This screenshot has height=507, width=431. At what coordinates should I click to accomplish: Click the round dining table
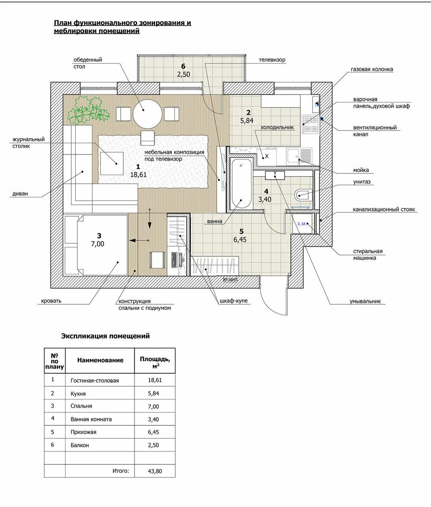coord(148,114)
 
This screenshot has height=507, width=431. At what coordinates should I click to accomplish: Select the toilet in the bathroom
coord(303,194)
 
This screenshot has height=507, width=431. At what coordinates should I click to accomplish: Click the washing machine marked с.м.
coord(303,223)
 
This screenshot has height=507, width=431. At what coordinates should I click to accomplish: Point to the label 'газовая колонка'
coord(372,69)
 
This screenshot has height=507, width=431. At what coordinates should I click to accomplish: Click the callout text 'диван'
coord(20,194)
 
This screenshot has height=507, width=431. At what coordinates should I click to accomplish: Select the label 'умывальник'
coord(365,301)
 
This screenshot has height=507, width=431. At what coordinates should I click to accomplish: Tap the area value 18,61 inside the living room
coord(138,175)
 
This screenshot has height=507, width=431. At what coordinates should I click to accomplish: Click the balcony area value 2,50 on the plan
coord(183,74)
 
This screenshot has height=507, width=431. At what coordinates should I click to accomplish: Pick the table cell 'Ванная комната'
coord(91,419)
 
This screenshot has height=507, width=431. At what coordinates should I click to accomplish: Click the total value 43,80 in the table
coord(155,471)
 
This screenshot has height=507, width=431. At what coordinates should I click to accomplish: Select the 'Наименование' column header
coord(100,360)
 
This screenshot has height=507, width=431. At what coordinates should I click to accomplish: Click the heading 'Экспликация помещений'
coord(105,336)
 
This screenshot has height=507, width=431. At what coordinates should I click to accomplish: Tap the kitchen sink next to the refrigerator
coord(299,155)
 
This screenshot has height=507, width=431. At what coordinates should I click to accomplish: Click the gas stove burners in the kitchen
coord(310,125)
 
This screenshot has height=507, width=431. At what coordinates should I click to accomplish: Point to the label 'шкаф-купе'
coord(234,301)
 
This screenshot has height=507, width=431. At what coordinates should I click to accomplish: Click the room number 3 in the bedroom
coord(99,236)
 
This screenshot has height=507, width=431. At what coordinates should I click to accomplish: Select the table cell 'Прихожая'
coord(83,432)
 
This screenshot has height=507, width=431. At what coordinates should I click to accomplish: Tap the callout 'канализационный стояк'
coord(384,210)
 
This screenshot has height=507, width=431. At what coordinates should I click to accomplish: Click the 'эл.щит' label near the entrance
coord(230,279)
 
